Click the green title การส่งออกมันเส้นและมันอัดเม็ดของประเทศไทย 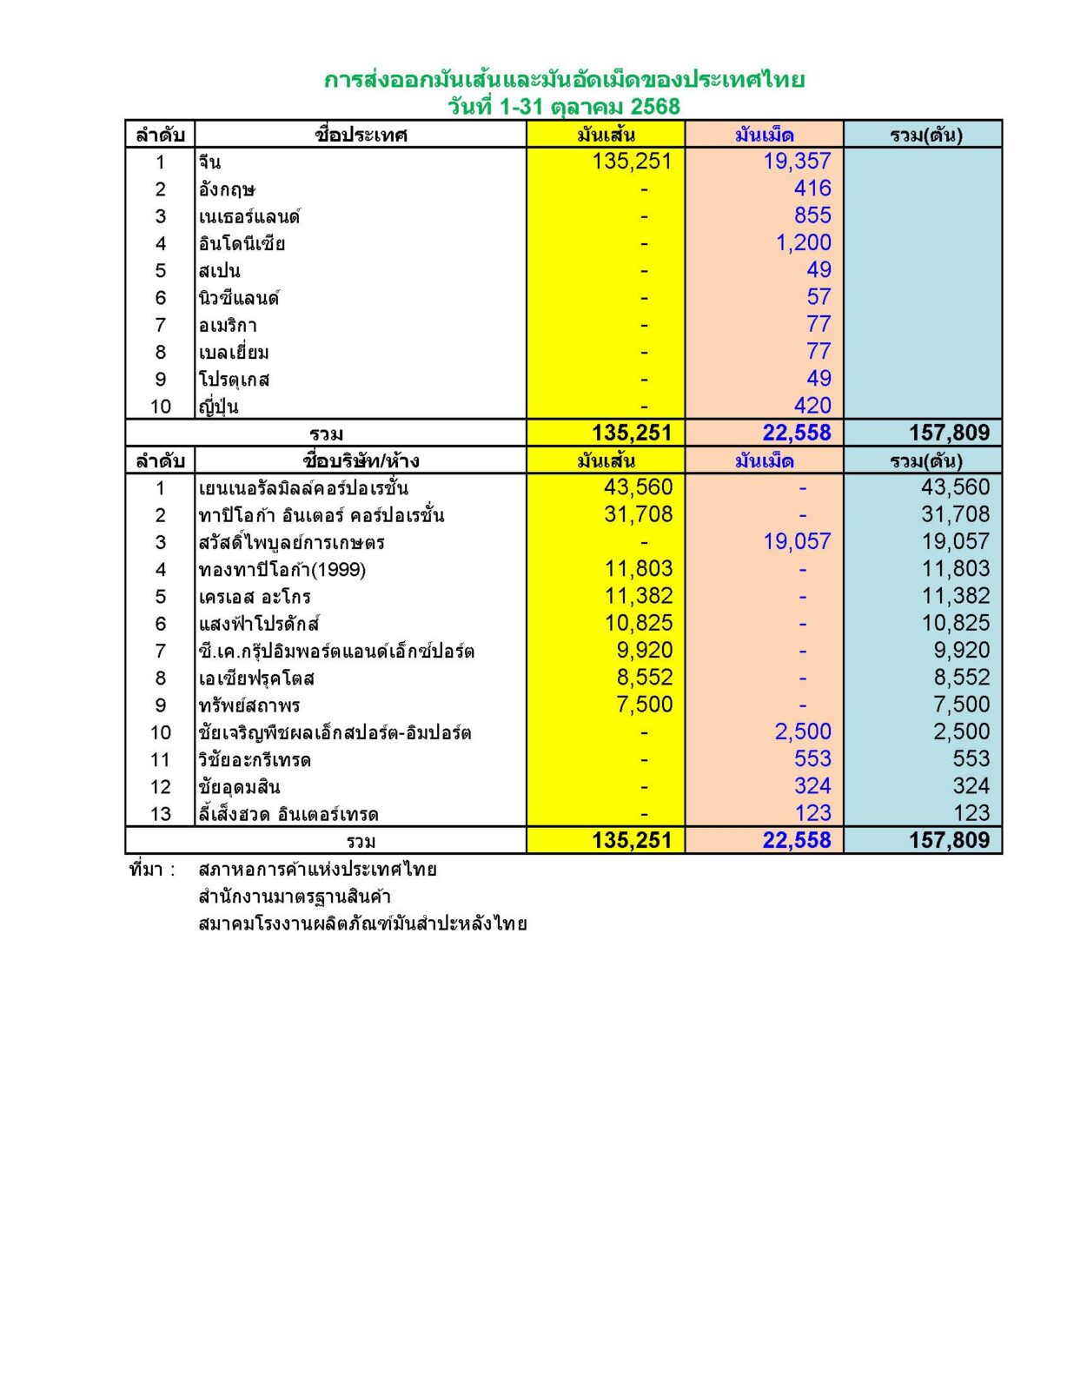564,80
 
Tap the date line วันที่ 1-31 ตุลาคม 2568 564,107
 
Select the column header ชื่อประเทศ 361,135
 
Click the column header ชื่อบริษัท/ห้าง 361,460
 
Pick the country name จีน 209,162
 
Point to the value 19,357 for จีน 797,162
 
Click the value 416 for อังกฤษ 812,189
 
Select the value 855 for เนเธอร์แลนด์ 812,215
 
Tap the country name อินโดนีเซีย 242,243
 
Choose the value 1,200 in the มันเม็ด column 803,243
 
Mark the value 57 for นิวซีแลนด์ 819,297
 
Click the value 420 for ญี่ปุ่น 812,406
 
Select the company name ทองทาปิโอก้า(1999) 282,570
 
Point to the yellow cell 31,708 638,515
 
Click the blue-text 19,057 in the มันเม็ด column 797,542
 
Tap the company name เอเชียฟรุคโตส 256,678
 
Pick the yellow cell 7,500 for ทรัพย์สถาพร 644,705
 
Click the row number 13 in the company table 161,814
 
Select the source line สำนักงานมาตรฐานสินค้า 295,897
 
